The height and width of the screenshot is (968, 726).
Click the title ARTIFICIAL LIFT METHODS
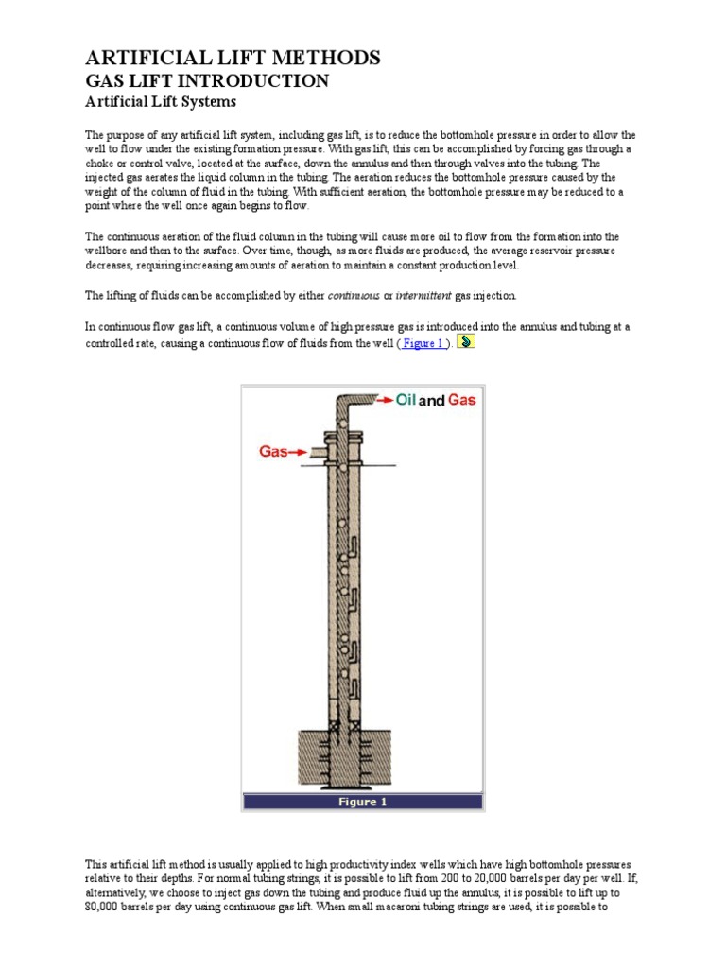click(x=233, y=59)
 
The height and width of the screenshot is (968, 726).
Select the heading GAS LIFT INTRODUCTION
click(x=207, y=81)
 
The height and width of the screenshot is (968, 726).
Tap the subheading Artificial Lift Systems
click(x=161, y=102)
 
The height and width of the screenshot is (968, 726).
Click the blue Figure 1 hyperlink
click(x=423, y=343)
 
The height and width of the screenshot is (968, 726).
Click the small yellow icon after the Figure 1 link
click(x=465, y=341)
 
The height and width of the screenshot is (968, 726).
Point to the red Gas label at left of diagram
click(x=274, y=452)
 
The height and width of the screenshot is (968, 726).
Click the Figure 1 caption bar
click(x=363, y=802)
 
